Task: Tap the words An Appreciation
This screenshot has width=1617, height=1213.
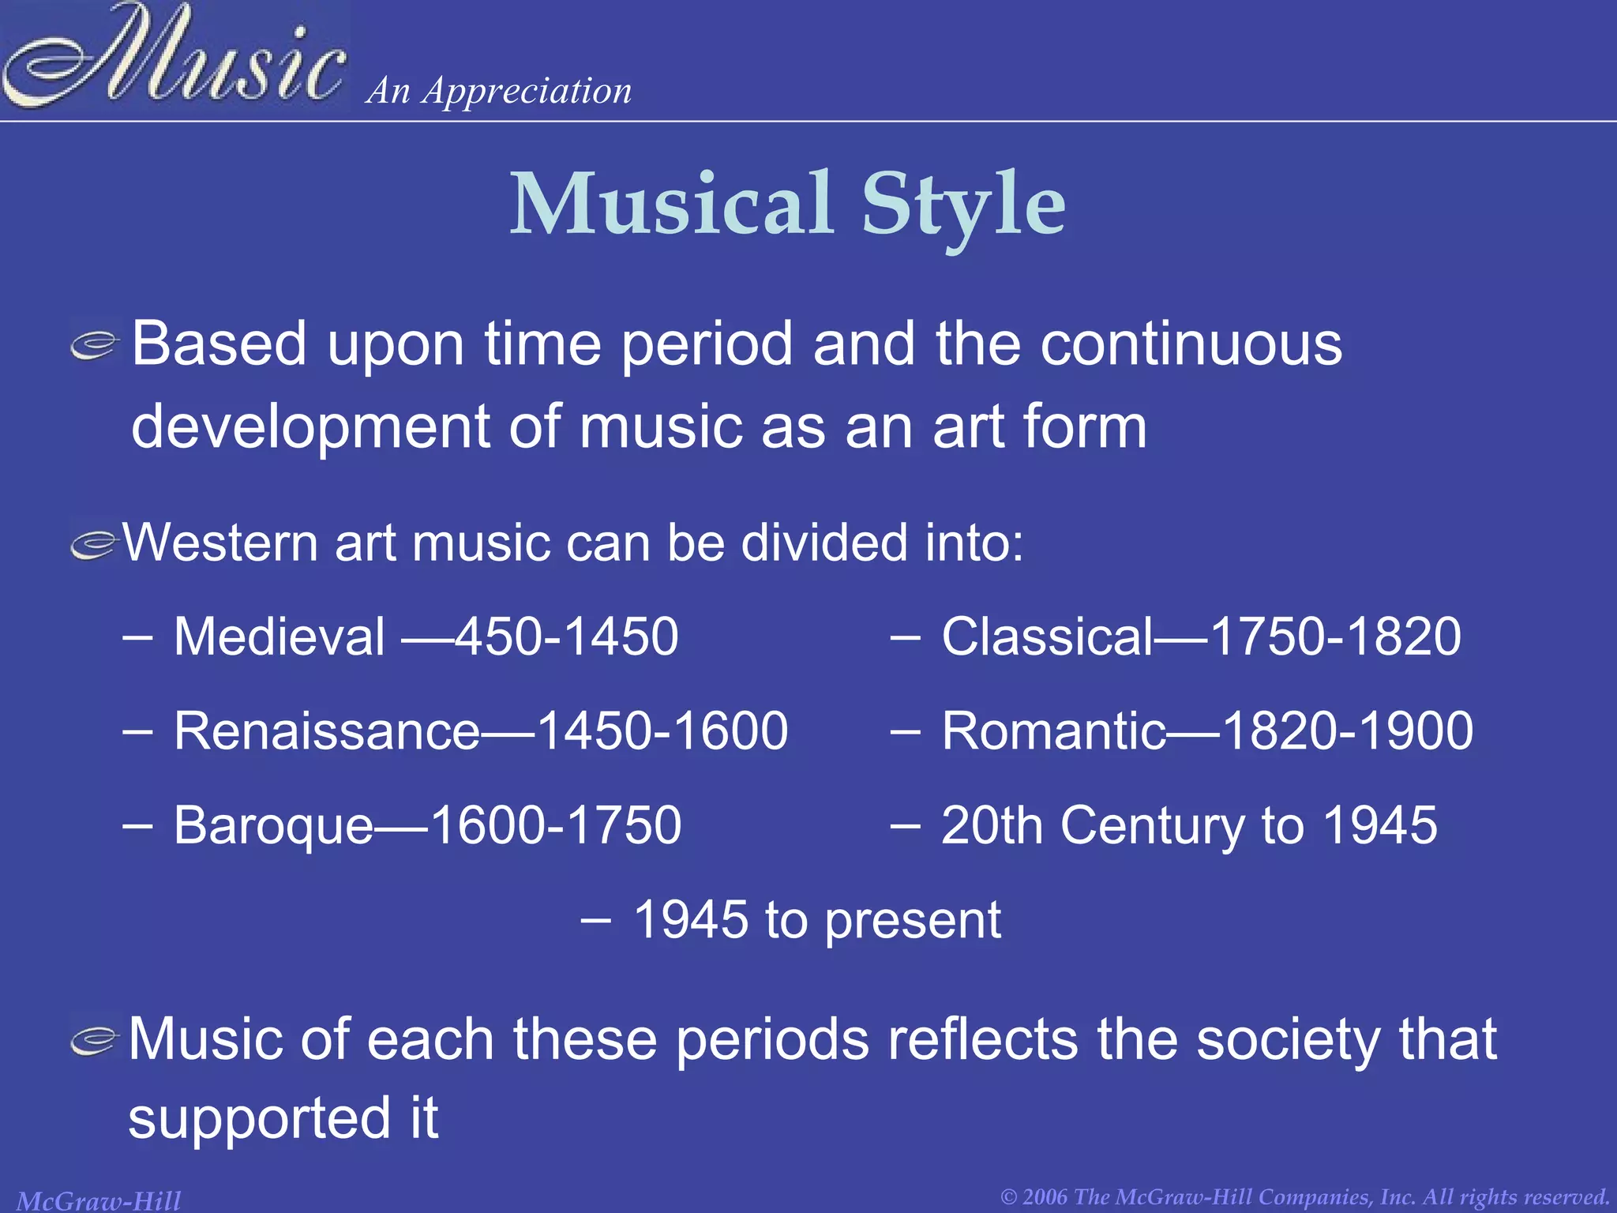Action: click(499, 91)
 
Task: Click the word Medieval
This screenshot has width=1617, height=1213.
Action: click(280, 637)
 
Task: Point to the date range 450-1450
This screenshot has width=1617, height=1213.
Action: click(567, 637)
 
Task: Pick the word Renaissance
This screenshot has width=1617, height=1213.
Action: click(326, 730)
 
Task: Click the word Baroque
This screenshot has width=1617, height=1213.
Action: click(273, 825)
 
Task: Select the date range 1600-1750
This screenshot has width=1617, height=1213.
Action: click(556, 825)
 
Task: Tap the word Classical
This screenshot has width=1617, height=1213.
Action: click(1047, 637)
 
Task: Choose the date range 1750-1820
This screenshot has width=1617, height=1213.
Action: click(1336, 637)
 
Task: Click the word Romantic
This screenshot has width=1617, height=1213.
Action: click(1053, 730)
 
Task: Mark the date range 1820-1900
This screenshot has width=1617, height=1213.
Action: click(1348, 730)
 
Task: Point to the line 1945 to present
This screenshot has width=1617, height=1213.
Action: click(816, 920)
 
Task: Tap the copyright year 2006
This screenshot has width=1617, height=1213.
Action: click(1045, 1197)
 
